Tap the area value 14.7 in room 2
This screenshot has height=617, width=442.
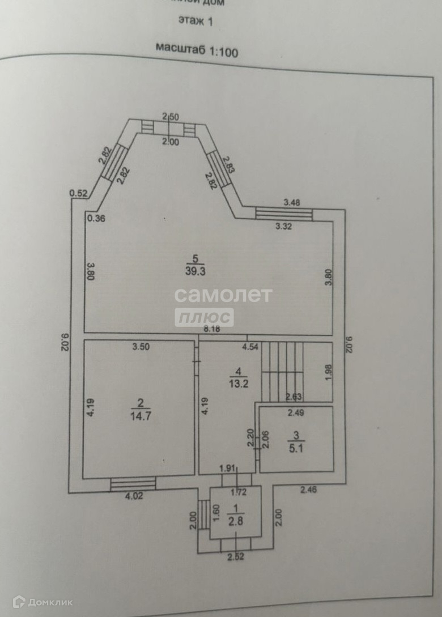(x=141, y=414)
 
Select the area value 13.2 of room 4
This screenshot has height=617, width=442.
(x=238, y=382)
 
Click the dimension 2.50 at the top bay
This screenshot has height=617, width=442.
(x=170, y=117)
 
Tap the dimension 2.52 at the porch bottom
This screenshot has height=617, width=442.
(x=236, y=557)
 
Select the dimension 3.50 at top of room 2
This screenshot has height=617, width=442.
(x=141, y=348)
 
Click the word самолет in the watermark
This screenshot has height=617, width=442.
(x=223, y=295)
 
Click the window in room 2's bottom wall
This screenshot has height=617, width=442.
(x=133, y=483)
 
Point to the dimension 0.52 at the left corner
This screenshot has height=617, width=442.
(x=78, y=194)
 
